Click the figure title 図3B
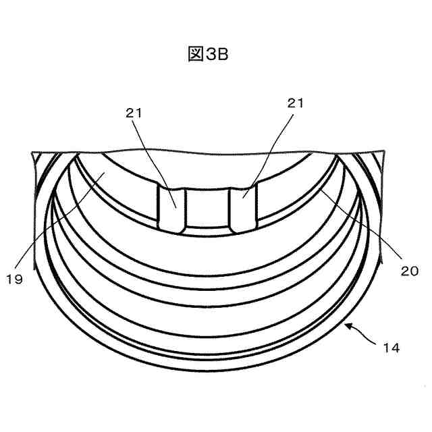pyautogui.click(x=209, y=54)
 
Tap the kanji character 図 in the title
pyautogui.click(x=196, y=54)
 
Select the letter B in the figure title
pyautogui.click(x=223, y=54)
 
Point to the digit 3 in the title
pyautogui.click(x=211, y=54)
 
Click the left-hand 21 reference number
pyautogui.click(x=134, y=113)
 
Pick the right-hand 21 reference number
pyautogui.click(x=296, y=103)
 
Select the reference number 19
pyautogui.click(x=14, y=279)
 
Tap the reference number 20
pyautogui.click(x=410, y=271)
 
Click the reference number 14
pyautogui.click(x=391, y=348)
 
